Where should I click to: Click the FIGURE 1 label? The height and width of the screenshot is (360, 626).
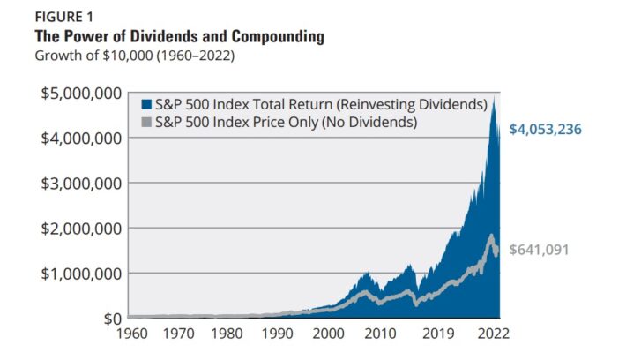point(59,17)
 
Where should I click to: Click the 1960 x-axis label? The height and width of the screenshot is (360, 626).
point(128,334)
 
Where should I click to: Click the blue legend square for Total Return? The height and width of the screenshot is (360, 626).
point(145,104)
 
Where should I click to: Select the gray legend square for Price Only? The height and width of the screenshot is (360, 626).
point(145,122)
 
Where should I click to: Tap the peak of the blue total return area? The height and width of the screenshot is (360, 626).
point(494,98)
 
